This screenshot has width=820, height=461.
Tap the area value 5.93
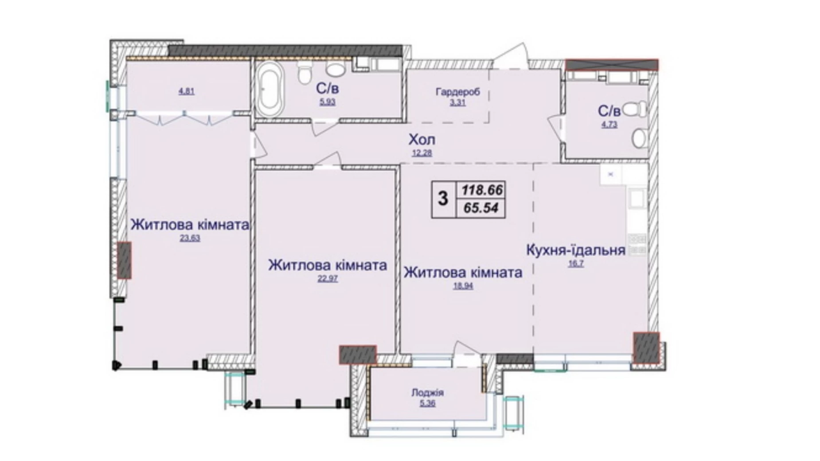(328, 102)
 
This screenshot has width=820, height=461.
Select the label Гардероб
(458, 92)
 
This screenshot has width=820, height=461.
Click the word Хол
(422, 140)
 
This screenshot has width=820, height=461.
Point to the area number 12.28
(422, 153)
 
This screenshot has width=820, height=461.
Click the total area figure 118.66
(482, 190)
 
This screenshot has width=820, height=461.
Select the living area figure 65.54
(481, 207)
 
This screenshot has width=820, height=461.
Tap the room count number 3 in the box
(443, 199)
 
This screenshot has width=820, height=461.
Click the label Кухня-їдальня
(576, 250)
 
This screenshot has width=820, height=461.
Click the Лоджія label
(427, 393)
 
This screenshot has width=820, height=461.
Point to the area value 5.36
(427, 404)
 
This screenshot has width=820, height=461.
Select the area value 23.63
(190, 238)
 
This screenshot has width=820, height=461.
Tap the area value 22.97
(328, 279)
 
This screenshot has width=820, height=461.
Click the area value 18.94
(463, 286)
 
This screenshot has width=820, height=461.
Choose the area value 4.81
(187, 92)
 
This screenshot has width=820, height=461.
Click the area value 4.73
(609, 125)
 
